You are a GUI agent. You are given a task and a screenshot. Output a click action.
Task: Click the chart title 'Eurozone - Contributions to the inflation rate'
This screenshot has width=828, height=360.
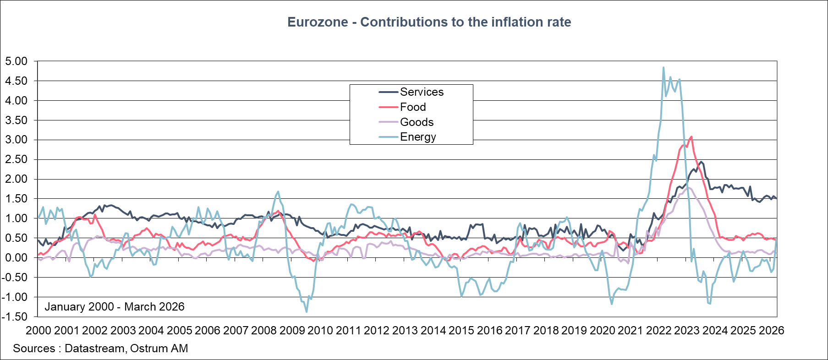pyautogui.click(x=429, y=22)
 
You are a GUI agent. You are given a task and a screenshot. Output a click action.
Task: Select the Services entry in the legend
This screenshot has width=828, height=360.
pyautogui.click(x=422, y=92)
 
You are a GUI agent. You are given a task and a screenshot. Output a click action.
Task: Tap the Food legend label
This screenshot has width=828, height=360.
pyautogui.click(x=412, y=107)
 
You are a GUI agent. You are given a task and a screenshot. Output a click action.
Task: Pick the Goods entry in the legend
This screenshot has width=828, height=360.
pyautogui.click(x=417, y=122)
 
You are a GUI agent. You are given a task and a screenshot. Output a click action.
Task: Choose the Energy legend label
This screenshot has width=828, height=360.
pyautogui.click(x=418, y=137)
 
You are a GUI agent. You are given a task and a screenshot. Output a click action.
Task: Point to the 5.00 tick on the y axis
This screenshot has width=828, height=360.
pyautogui.click(x=16, y=61)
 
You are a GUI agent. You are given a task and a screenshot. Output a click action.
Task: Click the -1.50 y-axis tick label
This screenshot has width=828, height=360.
pyautogui.click(x=16, y=316)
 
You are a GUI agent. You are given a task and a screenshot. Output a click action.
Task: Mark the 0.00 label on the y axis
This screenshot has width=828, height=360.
pyautogui.click(x=16, y=257)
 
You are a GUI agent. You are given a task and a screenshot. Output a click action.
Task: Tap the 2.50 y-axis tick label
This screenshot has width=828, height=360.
pyautogui.click(x=16, y=159)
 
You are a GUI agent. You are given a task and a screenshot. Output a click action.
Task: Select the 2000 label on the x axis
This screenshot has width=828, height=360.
pyautogui.click(x=38, y=331)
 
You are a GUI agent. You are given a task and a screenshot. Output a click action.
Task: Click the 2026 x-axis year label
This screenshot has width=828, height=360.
pyautogui.click(x=772, y=331)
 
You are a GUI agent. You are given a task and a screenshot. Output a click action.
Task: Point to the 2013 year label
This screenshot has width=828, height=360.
pyautogui.click(x=405, y=331)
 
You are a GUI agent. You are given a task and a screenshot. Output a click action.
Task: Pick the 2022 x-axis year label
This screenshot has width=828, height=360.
pyautogui.click(x=659, y=331)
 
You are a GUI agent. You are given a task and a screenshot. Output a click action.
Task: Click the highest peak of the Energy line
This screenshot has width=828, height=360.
pyautogui.click(x=663, y=68)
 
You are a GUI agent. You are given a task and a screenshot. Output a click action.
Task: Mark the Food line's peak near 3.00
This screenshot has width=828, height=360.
pyautogui.click(x=691, y=136)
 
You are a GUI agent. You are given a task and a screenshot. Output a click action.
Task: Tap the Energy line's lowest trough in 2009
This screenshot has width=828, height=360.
pyautogui.click(x=307, y=312)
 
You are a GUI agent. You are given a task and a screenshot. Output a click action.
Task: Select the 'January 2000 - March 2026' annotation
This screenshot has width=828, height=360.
pyautogui.click(x=115, y=307)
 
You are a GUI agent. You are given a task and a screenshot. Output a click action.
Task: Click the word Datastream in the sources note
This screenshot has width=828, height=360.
pyautogui.click(x=94, y=349)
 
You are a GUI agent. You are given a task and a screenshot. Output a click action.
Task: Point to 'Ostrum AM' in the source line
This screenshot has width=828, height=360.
pyautogui.click(x=159, y=349)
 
